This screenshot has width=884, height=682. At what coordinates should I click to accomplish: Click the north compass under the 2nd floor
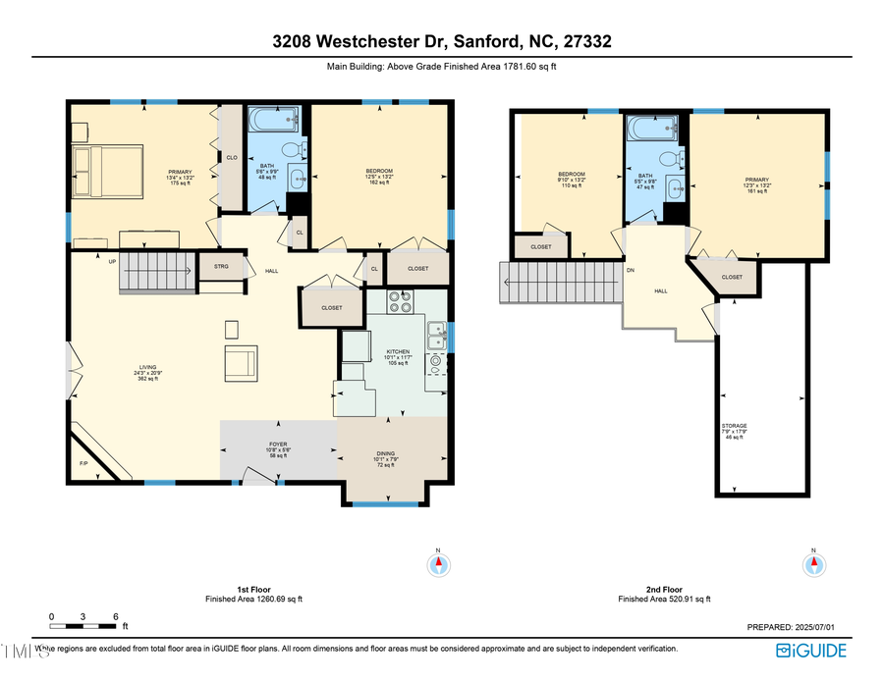[x=813, y=564]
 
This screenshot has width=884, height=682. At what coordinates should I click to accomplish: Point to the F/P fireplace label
[x=83, y=464]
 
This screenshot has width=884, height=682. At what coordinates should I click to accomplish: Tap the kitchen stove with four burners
[x=400, y=302]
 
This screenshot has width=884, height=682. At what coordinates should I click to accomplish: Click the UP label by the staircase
[x=112, y=261]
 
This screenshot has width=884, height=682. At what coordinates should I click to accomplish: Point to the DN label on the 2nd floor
[x=631, y=269]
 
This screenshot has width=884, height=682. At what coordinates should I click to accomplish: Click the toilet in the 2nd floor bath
[x=670, y=158]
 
